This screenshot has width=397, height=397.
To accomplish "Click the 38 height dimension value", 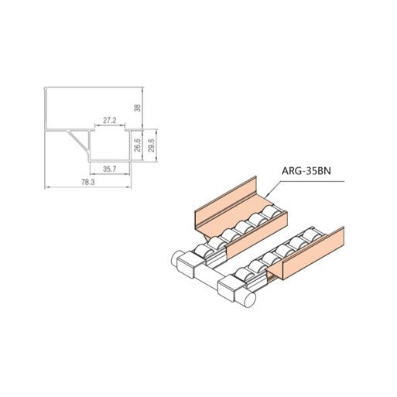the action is pyautogui.click(x=139, y=108).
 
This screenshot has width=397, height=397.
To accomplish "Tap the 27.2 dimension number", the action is pyautogui.click(x=110, y=120).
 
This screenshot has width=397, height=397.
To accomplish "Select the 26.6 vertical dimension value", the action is pyautogui.click(x=138, y=145).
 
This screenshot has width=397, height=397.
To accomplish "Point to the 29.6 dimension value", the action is pyautogui.click(x=151, y=145).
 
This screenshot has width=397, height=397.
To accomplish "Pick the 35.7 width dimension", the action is pyautogui.click(x=110, y=169).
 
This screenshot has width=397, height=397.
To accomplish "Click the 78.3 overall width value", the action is pyautogui.click(x=88, y=182).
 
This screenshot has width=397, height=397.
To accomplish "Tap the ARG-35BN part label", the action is pyautogui.click(x=306, y=171).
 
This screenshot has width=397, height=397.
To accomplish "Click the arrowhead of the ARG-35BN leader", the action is pyautogui.click(x=267, y=196).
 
